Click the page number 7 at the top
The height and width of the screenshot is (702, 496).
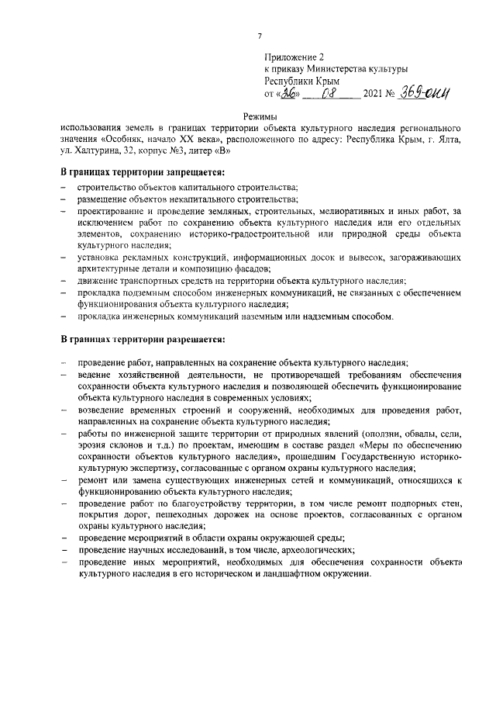pyautogui.click(x=261, y=36)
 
